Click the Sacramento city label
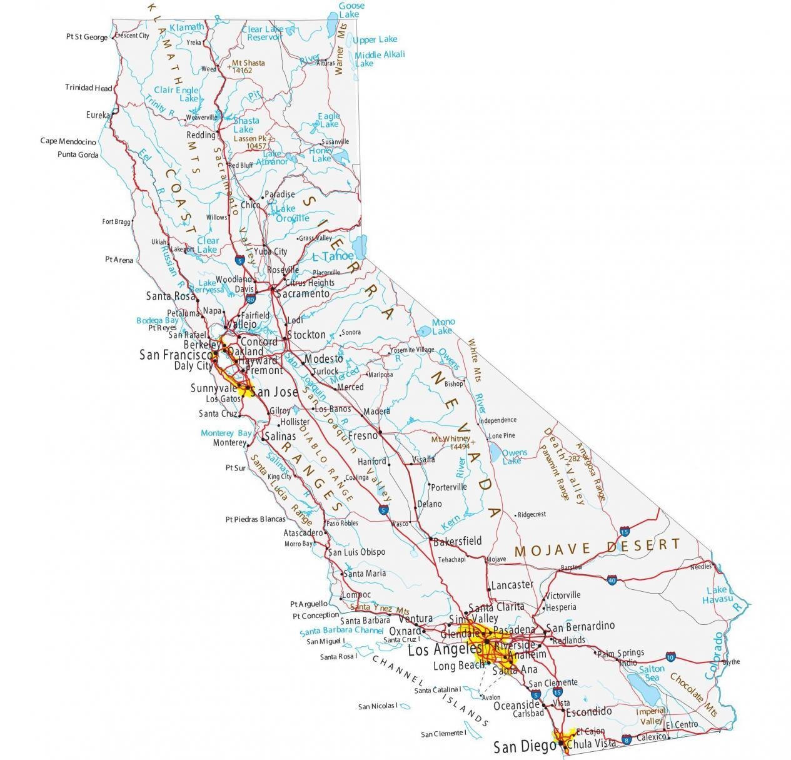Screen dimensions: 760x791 [303, 293]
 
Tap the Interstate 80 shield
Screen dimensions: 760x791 [251, 300]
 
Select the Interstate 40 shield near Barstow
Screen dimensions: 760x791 [612, 580]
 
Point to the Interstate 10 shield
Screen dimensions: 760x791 [670, 656]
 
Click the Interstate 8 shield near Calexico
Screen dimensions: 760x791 [627, 740]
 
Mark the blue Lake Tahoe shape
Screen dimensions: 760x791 [359, 246]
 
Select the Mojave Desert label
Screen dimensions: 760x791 [597, 547]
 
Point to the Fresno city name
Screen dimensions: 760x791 [363, 435]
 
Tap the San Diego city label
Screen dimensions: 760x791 [524, 746]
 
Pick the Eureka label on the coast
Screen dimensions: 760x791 [98, 115]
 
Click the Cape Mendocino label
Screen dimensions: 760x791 [68, 142]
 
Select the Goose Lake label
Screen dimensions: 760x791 [350, 9]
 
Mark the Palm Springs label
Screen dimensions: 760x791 [621, 654]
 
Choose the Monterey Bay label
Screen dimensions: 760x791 [226, 433]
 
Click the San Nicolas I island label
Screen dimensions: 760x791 [377, 706]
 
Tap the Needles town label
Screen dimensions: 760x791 [700, 567]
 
